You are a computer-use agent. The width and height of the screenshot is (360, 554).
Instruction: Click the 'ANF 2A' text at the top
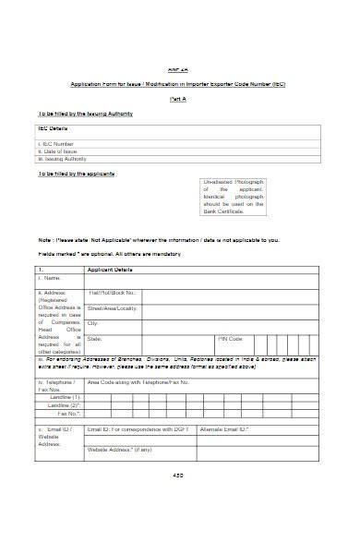tap(178, 70)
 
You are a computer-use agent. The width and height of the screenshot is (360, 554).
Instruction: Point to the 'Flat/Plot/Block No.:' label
tap(114, 294)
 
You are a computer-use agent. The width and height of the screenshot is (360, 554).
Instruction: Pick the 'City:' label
tap(93, 323)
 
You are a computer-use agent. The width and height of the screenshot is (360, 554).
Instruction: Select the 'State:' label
tap(95, 339)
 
